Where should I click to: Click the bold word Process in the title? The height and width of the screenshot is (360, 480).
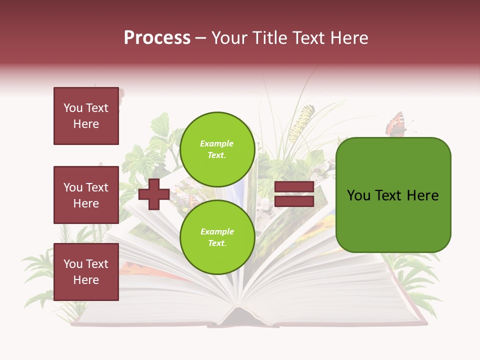click(157, 38)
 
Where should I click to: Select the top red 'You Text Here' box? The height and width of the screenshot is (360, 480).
click(86, 116)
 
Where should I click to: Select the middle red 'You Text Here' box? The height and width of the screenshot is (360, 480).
click(86, 195)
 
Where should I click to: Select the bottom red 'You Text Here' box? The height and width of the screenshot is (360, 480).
click(86, 272)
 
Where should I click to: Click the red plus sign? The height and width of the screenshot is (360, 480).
click(154, 194)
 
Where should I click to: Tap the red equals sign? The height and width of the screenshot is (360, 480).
click(294, 194)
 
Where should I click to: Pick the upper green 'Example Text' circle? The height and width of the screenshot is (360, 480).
click(217, 149)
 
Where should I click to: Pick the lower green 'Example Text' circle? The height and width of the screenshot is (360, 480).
click(217, 237)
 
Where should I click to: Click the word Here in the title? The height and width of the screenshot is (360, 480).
click(349, 38)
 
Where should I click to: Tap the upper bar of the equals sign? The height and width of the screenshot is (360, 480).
click(294, 187)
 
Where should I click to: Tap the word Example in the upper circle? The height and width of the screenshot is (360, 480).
click(217, 144)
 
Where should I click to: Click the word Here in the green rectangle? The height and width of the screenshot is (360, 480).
click(422, 195)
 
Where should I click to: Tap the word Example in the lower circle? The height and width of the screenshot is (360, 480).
click(217, 232)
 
